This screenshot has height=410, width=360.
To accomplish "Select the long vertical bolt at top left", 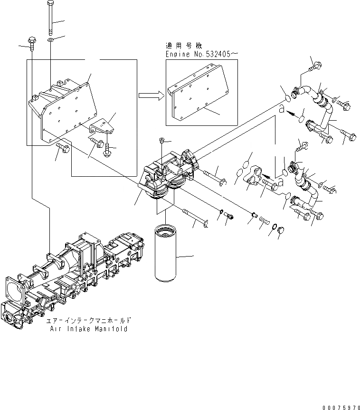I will tap(50, 17).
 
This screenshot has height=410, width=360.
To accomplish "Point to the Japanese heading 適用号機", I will tap(183, 47).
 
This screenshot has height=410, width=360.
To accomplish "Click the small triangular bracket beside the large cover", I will tap(102, 128).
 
